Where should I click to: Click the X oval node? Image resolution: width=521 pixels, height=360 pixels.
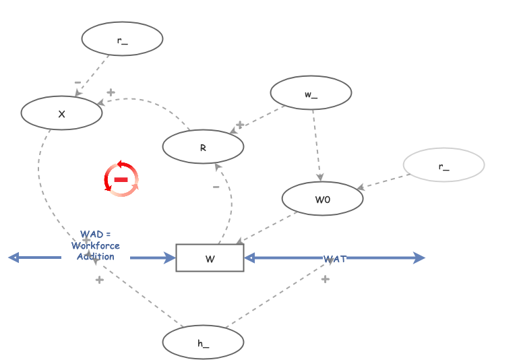point(61,113)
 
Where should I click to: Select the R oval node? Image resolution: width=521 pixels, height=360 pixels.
point(203,146)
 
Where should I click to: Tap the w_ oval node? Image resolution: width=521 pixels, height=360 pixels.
point(311,93)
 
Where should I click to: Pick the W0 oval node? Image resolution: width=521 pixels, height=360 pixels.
point(322,199)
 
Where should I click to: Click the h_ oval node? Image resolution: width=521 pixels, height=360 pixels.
point(203,342)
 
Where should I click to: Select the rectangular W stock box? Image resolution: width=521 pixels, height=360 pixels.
point(210,258)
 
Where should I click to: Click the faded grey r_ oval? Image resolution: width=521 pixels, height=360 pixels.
point(443,165)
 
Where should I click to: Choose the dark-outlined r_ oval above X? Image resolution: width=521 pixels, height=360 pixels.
point(122,39)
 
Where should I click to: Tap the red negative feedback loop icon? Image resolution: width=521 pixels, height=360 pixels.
point(121,179)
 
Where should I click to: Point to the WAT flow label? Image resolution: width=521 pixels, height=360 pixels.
point(335,259)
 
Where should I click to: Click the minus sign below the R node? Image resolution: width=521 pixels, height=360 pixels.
point(216,187)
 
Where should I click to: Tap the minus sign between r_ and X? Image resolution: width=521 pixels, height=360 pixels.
point(78,82)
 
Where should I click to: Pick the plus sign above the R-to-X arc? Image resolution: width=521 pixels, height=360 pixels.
point(111,92)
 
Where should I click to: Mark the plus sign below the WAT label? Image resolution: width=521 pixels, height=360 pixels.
point(325,278)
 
